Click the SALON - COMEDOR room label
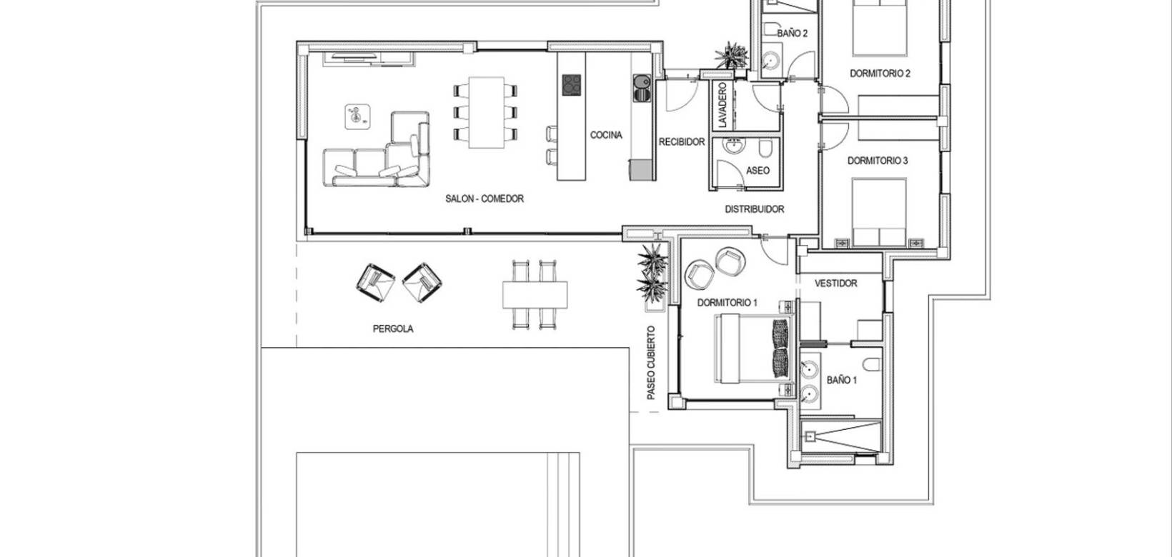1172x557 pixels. point(484,199)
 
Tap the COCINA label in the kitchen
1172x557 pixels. point(606,135)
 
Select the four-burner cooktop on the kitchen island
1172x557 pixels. point(571,85)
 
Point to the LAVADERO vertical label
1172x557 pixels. point(722,105)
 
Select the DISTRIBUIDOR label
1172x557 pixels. point(754,209)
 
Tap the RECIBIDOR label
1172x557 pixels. point(681,142)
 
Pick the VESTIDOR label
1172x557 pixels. point(835,283)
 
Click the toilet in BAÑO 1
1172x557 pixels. point(870,365)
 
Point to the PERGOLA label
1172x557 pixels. point(392,329)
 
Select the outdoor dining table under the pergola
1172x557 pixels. point(535,293)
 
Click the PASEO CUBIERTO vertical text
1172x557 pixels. point(651,363)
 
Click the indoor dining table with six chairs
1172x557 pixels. point(485,112)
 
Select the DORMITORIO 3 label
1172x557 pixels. point(878,161)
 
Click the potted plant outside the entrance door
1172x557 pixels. point(730,54)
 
